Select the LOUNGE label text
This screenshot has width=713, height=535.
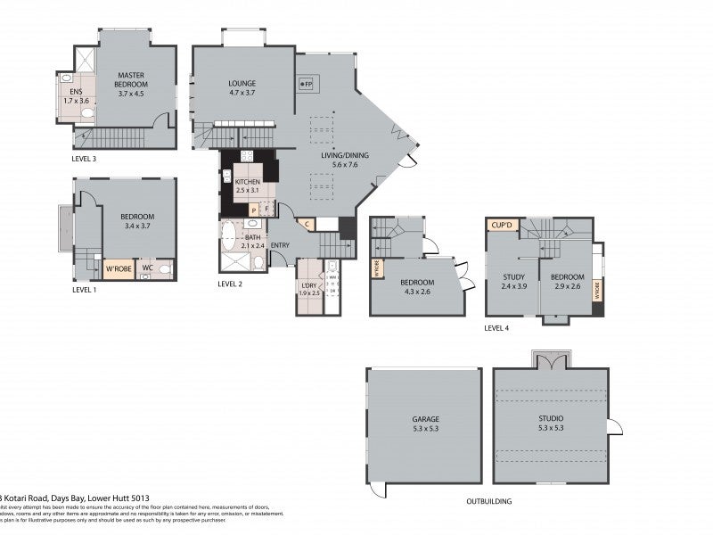[242, 86]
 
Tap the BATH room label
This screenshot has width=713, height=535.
[252, 243]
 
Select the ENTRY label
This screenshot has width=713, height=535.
[280, 246]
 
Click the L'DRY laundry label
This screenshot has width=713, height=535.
[308, 287]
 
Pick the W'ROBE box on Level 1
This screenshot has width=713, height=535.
[118, 268]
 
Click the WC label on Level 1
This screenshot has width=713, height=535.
[148, 267]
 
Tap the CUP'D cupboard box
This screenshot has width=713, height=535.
[501, 226]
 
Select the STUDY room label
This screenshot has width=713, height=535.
[513, 281]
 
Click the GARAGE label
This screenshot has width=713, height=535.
[425, 424]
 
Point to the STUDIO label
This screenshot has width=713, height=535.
[551, 423]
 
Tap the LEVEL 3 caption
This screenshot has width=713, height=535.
[85, 158]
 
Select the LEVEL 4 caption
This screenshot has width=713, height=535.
[496, 328]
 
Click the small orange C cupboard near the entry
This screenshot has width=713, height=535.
[307, 224]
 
